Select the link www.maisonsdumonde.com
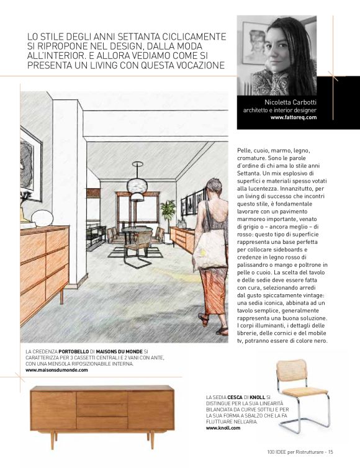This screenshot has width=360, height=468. point(56,370)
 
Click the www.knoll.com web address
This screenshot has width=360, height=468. point(223,428)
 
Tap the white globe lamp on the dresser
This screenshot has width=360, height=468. point(42,217)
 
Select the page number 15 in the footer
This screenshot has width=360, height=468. point(330,452)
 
